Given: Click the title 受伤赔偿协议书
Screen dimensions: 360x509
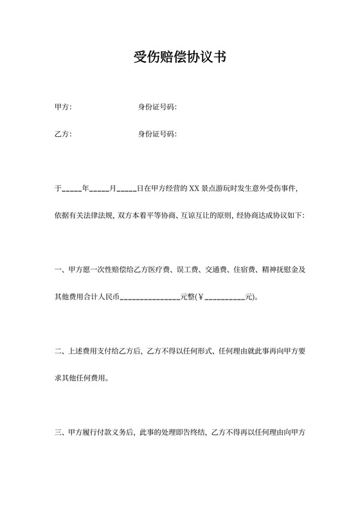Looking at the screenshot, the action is (179, 58).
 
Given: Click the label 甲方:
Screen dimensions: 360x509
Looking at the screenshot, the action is (63, 107).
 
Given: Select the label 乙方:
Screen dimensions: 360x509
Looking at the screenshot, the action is (63, 134).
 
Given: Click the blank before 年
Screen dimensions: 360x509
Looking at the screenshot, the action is (71, 190).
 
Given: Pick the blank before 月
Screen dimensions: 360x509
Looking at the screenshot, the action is (99, 190).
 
